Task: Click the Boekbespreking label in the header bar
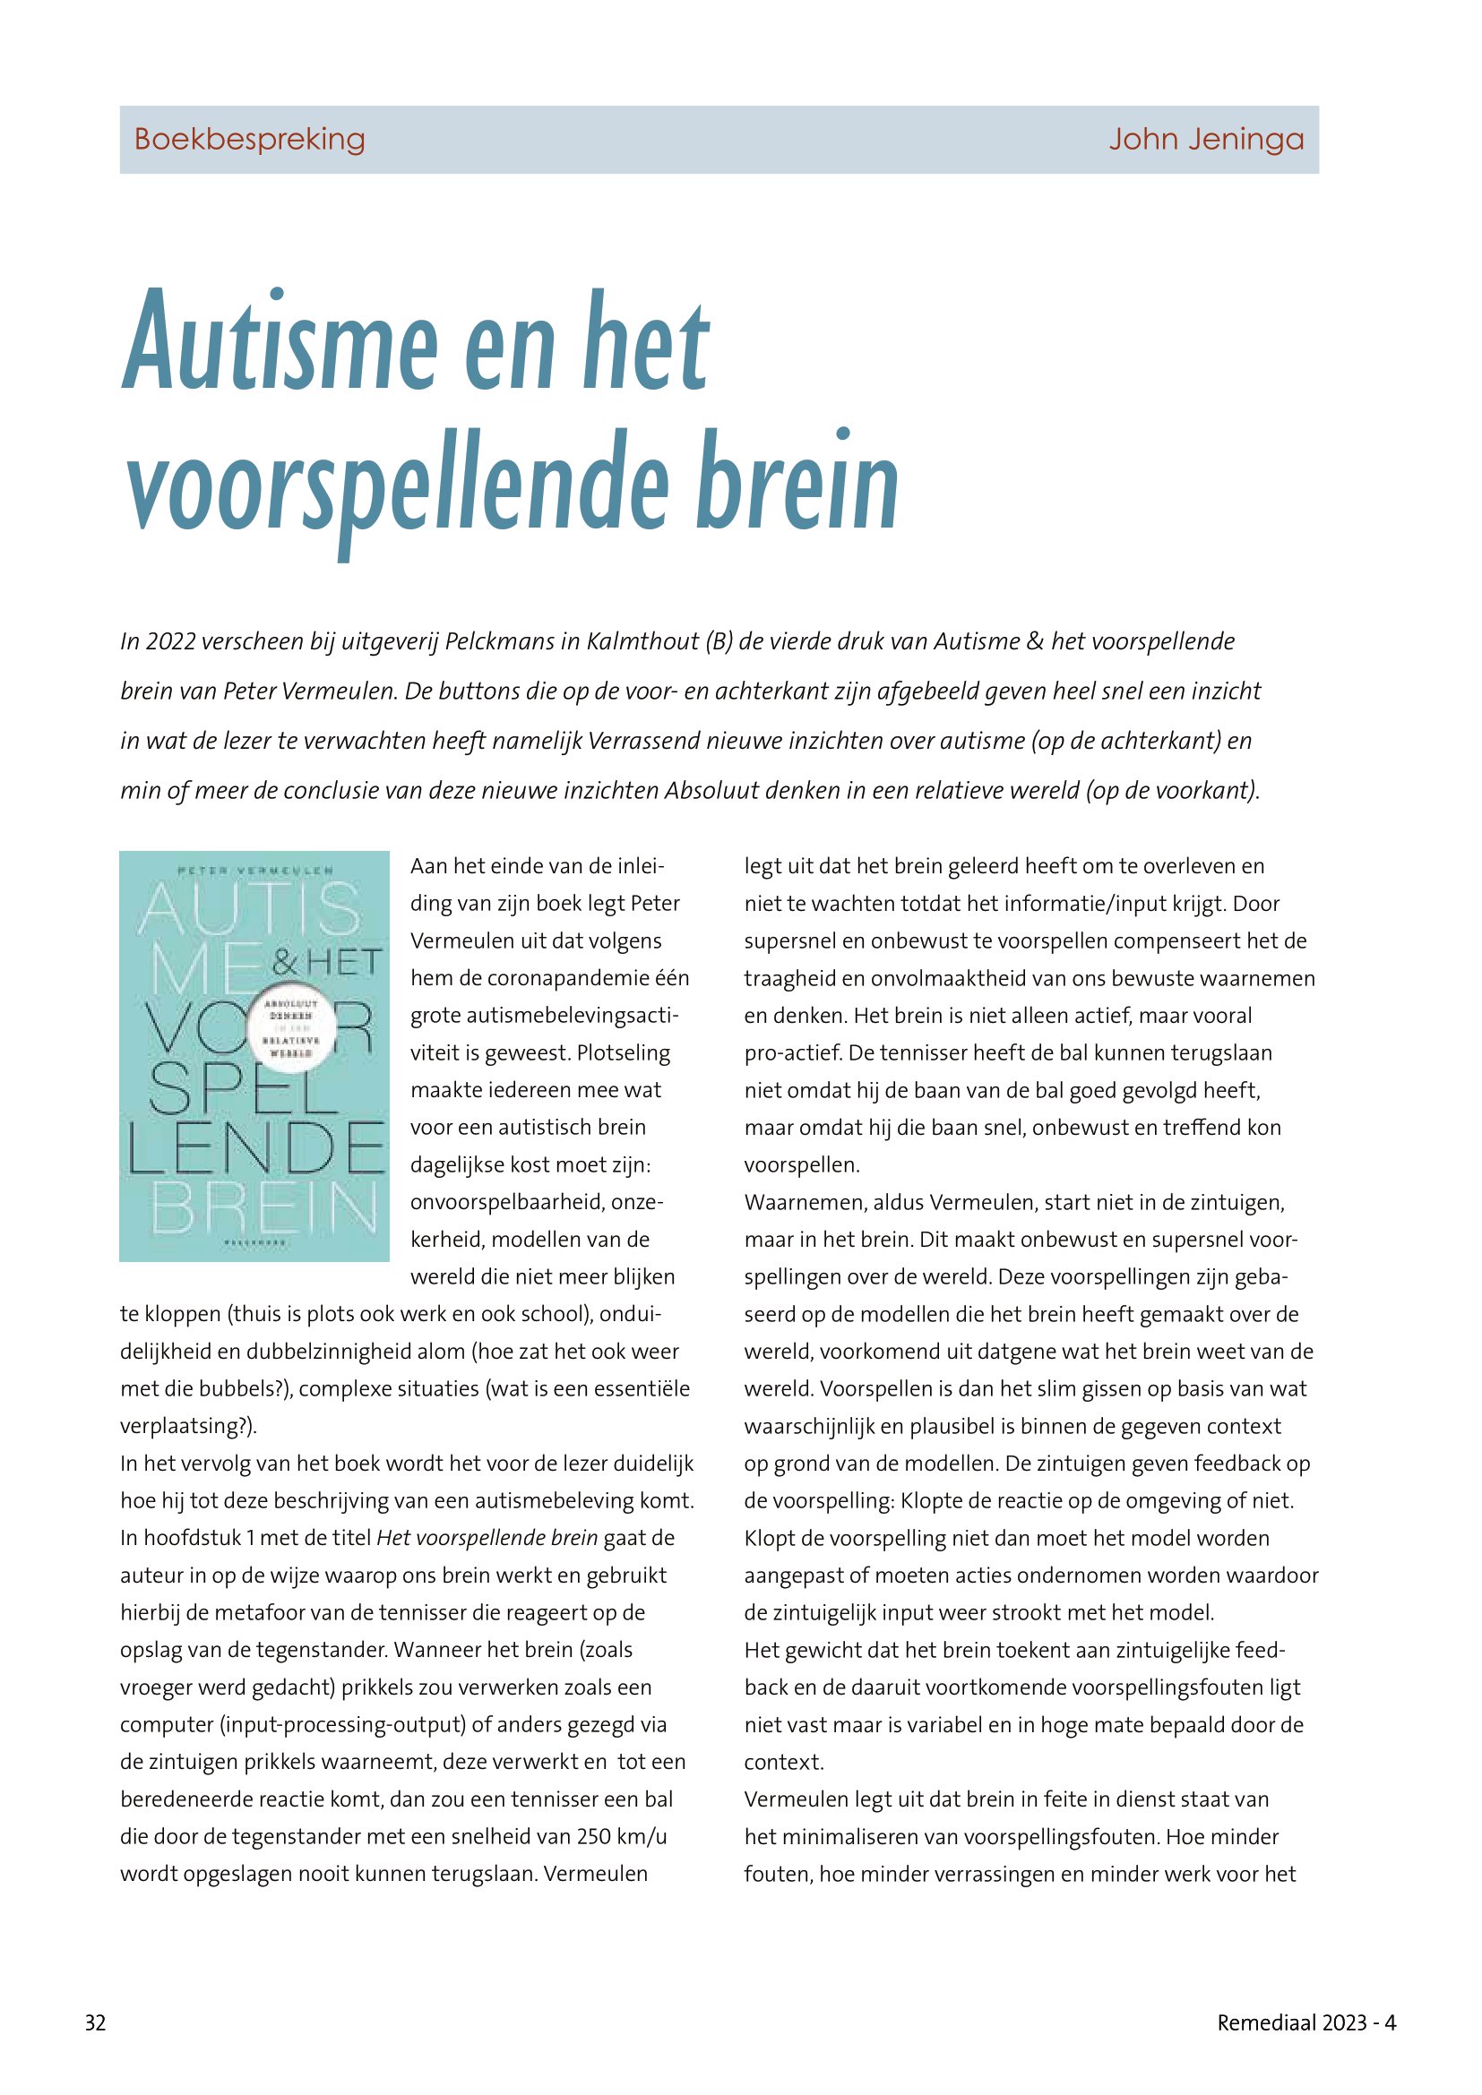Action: (x=249, y=140)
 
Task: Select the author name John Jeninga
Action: (x=1205, y=140)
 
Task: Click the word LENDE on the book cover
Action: (x=255, y=1149)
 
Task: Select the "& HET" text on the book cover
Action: (x=326, y=962)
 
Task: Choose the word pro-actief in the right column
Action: (x=790, y=1053)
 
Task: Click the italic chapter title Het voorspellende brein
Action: (x=487, y=1539)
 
